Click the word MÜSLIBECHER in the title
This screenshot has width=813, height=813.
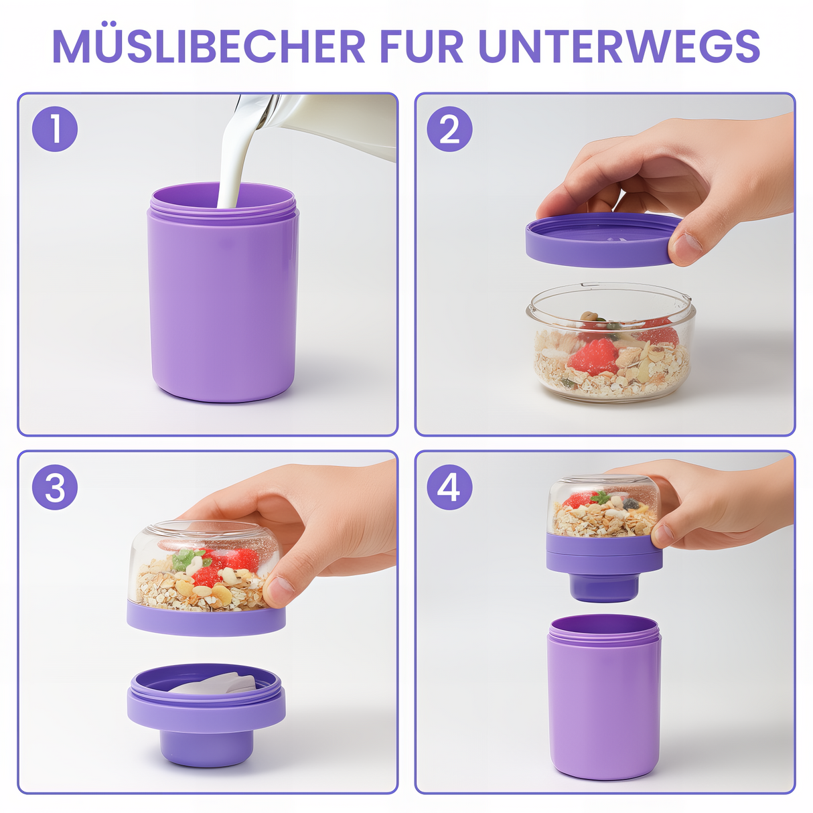pos(209,46)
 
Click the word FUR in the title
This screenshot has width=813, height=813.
pos(422,46)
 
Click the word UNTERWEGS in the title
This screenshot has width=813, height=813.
pos(619,46)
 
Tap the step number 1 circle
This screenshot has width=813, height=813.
pos(55,129)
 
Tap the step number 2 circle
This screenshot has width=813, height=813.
pos(449,129)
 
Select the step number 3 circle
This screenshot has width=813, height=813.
pos(55,487)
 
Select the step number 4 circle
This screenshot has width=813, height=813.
pos(449,487)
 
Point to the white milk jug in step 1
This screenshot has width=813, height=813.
pos(335,124)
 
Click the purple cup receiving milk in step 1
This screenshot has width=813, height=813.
pos(223,301)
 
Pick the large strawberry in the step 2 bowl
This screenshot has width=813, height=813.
pos(593,356)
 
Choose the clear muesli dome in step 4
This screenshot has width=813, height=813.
pos(603,506)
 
